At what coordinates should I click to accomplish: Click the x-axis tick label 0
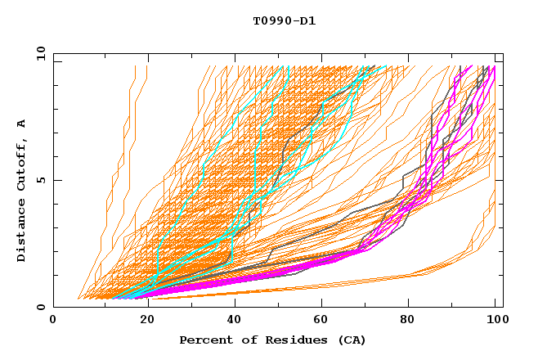pos(53,321)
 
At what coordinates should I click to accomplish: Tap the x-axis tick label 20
pos(141,321)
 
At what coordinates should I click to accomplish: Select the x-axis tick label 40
pos(231,321)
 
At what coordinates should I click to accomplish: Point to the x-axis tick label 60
pos(319,321)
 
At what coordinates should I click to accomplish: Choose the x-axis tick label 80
pos(407,321)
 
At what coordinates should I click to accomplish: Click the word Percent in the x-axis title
pos(204,340)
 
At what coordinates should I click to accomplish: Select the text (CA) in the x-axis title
pos(349,340)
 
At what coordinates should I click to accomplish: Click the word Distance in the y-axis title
pos(22,233)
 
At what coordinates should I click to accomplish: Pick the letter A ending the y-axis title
pos(22,123)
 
